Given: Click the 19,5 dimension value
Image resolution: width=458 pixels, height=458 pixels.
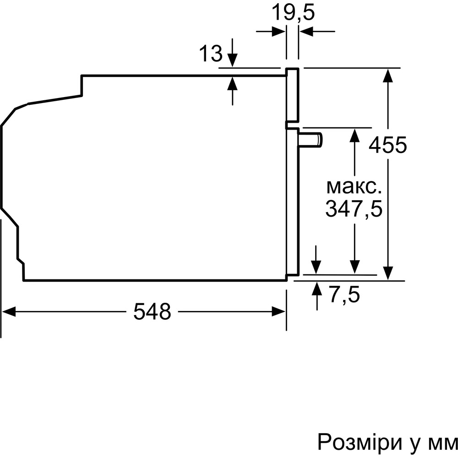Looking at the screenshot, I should click(293, 12).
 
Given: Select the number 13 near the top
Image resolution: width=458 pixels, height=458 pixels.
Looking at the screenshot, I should click(211, 55).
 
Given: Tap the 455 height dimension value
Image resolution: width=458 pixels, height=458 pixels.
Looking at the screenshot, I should click(387, 146).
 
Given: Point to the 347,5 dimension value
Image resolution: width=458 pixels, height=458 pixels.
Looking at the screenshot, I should click(354, 209).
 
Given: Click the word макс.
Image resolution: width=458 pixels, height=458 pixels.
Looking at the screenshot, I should click(354, 187).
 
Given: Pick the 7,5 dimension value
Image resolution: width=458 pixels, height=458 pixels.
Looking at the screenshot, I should click(344, 294).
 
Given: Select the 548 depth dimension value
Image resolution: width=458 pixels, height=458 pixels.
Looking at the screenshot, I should click(152, 312).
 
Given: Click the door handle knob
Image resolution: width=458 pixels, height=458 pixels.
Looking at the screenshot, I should click(311, 139).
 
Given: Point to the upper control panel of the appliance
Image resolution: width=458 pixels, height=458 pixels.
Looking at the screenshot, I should click(292, 96).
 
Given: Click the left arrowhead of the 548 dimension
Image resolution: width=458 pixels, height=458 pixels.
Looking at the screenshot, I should click(9, 312).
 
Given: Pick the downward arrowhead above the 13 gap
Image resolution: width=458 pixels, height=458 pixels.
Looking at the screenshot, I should click(233, 61).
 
